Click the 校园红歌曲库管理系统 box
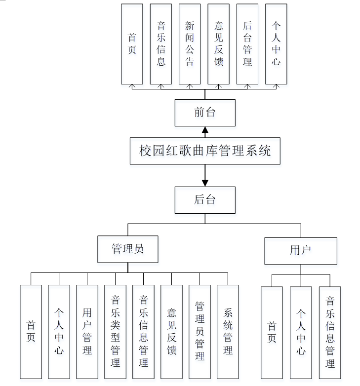point(205,151)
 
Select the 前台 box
point(205,112)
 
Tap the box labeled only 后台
point(205,199)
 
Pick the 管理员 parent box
point(128,249)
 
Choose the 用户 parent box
point(300,250)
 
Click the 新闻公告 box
point(190,43)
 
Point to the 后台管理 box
point(247,43)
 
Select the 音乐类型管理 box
point(115,331)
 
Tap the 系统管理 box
point(228,331)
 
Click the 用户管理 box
point(87,331)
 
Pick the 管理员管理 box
point(200,331)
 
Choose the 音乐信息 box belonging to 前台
point(161,43)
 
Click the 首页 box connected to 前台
point(132,43)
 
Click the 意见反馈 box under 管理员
point(171,331)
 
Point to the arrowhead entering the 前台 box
point(205,130)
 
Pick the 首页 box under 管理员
point(31,331)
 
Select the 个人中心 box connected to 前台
point(276,43)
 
